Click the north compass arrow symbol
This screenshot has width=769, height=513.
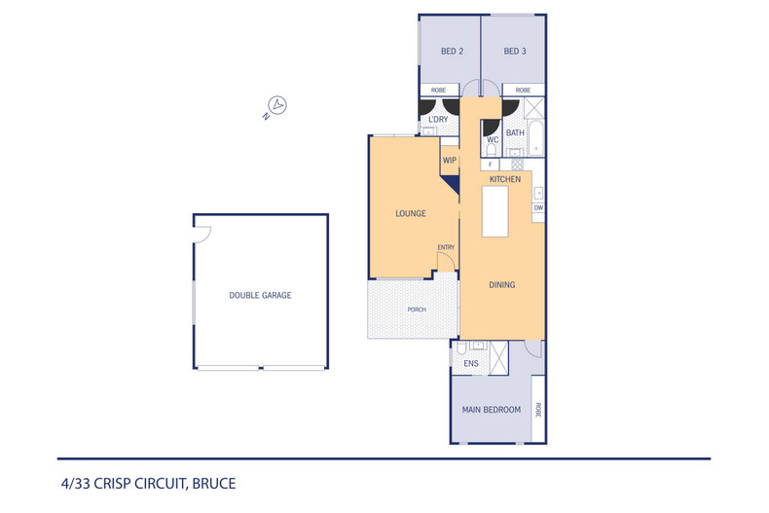click(277, 105)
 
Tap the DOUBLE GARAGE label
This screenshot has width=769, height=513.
click(260, 295)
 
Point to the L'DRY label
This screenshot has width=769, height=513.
click(438, 120)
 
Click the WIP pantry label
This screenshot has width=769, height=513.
click(450, 160)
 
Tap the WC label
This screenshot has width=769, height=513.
click(493, 140)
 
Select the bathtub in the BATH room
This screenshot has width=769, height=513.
click(535, 137)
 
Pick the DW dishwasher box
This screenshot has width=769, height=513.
click(538, 207)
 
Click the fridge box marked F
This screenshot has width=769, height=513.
click(491, 165)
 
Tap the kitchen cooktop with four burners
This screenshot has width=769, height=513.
click(519, 165)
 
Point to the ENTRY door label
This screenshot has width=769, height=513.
click(446, 247)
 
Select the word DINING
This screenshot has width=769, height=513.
click(501, 285)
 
